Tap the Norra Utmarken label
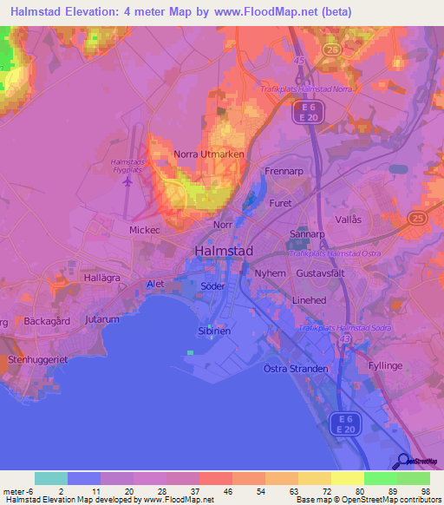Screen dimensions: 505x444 [209, 154]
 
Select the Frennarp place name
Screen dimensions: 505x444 [283, 172]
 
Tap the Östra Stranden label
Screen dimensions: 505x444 [296, 369]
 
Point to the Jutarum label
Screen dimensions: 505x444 [101, 319]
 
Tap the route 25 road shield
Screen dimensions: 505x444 [419, 217]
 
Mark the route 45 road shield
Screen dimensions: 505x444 [299, 60]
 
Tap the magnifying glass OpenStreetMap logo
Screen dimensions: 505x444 [404, 462]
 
